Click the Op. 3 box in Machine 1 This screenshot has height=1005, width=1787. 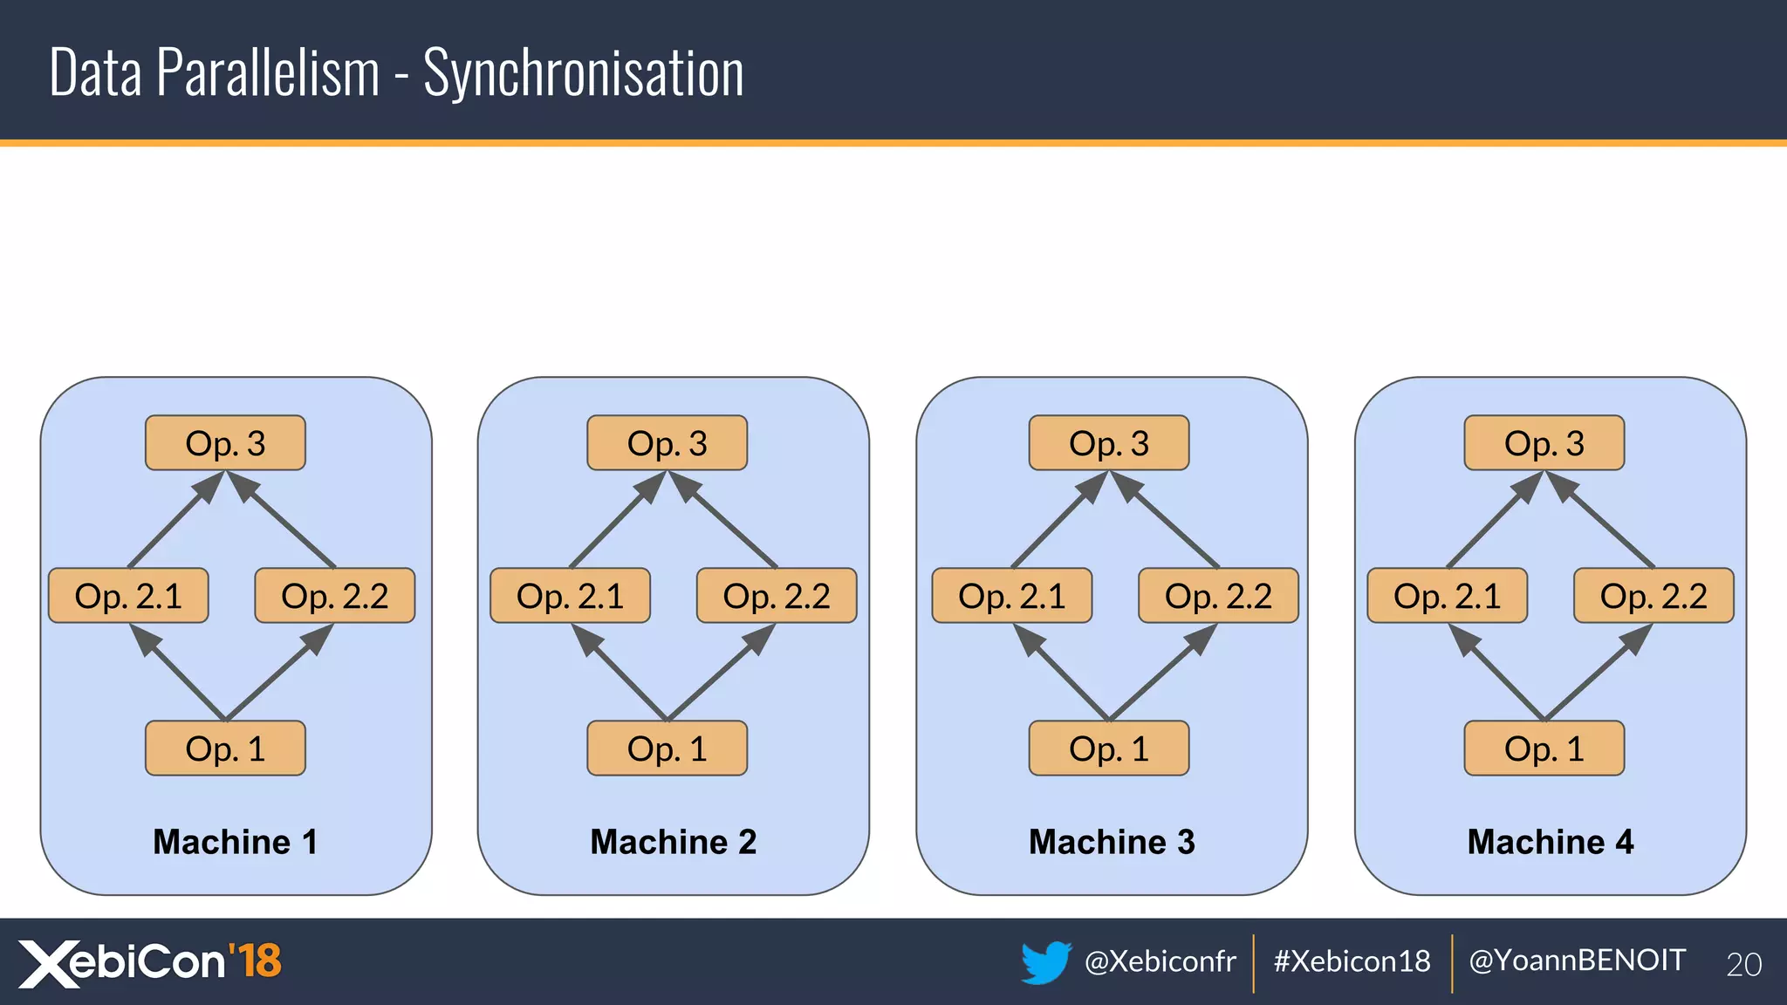[x=225, y=443]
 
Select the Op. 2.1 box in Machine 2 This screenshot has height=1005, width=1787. [x=570, y=596]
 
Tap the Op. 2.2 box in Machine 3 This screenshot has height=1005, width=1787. [x=1218, y=596]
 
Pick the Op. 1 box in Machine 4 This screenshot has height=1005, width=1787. [x=1544, y=749]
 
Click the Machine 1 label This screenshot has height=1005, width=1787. [x=236, y=842]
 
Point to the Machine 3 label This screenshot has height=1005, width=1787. [x=1112, y=842]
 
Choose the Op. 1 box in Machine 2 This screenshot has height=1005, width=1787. [x=667, y=749]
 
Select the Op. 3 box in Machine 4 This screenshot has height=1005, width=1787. [x=1544, y=443]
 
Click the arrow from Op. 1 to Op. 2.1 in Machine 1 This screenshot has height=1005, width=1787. [x=179, y=673]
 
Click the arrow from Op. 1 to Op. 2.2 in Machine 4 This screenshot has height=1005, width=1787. [x=1596, y=673]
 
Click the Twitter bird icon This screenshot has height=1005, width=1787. [x=1045, y=962]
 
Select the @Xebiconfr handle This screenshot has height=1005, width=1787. [x=1160, y=961]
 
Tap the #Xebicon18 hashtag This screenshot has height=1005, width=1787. [x=1352, y=961]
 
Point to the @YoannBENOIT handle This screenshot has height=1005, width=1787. [x=1577, y=961]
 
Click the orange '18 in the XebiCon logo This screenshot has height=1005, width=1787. [x=256, y=961]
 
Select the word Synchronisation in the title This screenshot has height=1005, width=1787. [x=583, y=73]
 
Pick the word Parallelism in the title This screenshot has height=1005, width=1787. [x=268, y=72]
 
